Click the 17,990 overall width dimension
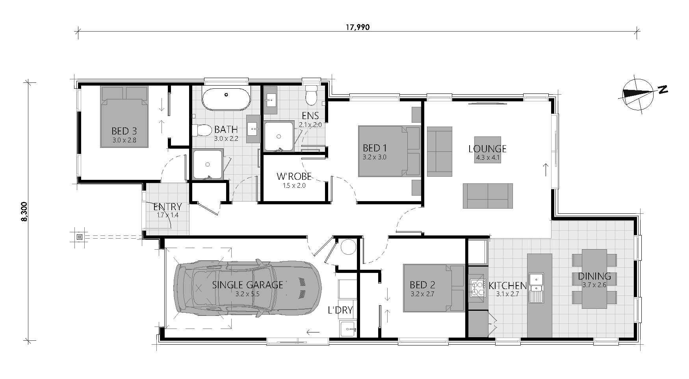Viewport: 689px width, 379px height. click(358, 27)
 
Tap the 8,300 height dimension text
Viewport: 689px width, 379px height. click(25, 213)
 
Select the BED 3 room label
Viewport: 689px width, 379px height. click(124, 131)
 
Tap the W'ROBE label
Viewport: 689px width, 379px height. click(294, 176)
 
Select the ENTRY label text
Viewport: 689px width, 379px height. click(167, 207)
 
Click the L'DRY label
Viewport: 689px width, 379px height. click(340, 310)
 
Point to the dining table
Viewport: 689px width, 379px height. click(594, 278)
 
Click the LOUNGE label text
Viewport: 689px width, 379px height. click(487, 149)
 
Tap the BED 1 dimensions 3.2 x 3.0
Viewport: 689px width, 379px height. click(374, 157)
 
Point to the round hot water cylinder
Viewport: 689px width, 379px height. click(348, 247)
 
